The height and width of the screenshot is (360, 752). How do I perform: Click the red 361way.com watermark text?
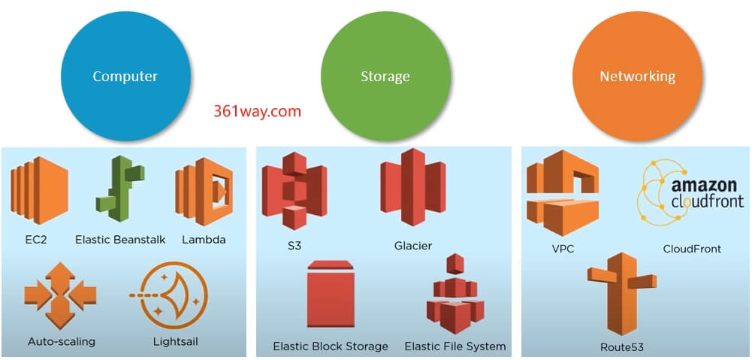point(257,112)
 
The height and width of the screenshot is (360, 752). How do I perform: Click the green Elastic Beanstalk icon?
point(119,189)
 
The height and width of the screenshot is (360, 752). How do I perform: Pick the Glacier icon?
point(412,188)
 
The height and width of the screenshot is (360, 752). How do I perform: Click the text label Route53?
point(621,347)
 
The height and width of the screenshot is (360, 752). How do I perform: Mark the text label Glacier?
point(412,246)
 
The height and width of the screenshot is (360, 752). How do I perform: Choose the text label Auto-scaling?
point(62,341)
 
